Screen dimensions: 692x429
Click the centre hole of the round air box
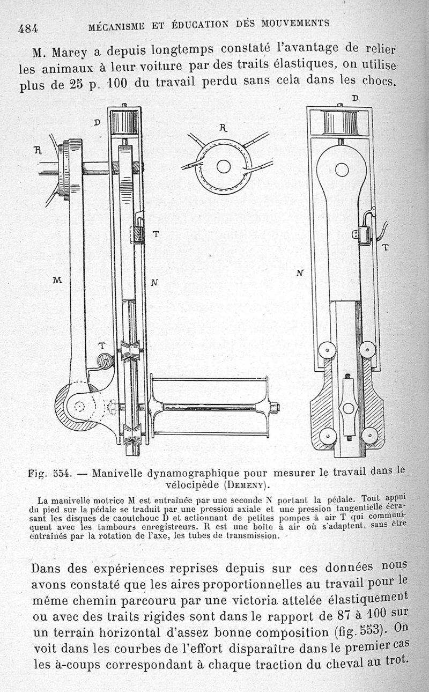click(224, 167)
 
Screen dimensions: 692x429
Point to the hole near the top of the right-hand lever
click(342, 170)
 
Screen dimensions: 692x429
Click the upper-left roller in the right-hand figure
click(327, 350)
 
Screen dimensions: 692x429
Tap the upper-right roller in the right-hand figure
click(367, 350)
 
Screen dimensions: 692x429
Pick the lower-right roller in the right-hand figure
click(369, 435)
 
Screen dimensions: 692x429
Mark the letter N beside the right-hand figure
click(300, 273)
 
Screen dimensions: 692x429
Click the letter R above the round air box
click(224, 128)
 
